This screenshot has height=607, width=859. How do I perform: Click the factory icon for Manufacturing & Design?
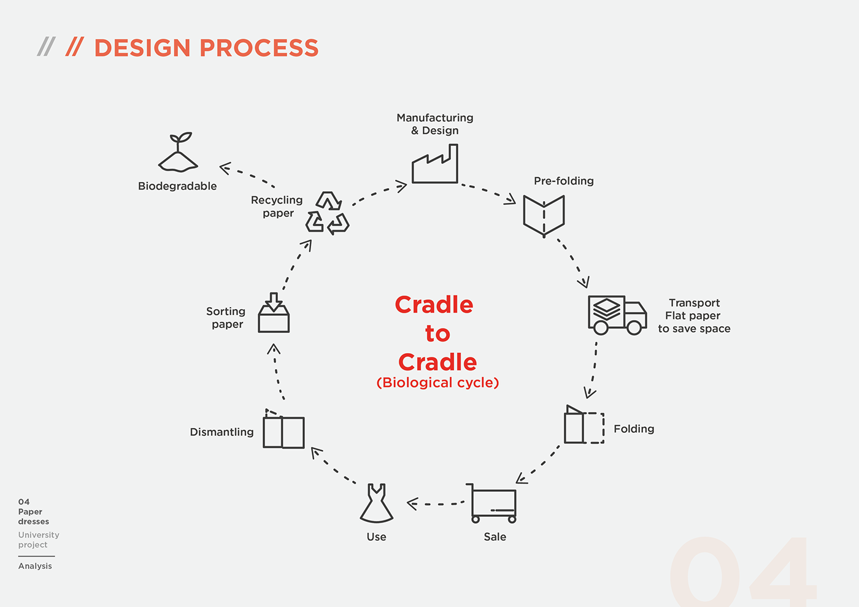434,165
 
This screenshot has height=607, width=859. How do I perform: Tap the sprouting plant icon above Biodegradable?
178,153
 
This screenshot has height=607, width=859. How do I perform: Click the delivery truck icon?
617,315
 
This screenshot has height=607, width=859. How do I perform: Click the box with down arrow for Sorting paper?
274,313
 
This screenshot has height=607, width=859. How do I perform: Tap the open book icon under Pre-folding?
544,215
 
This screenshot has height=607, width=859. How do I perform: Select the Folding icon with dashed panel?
584,425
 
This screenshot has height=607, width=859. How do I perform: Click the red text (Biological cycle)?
437,383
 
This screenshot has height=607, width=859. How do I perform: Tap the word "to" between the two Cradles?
437,334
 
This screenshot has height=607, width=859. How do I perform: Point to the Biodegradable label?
177,186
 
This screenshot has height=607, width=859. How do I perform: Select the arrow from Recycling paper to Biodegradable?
247,175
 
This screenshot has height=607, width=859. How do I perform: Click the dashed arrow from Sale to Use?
436,504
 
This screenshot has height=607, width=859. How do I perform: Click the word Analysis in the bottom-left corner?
35,566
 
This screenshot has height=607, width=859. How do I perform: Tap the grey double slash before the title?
46,47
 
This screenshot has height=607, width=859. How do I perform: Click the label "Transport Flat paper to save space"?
694,316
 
